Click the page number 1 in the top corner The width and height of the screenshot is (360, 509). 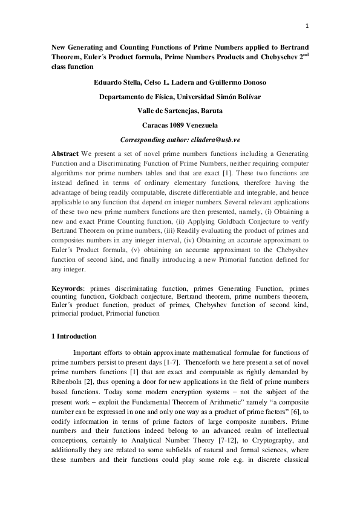tap(307, 26)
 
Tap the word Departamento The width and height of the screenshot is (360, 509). tap(124, 97)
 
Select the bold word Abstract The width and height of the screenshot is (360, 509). tap(66, 155)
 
